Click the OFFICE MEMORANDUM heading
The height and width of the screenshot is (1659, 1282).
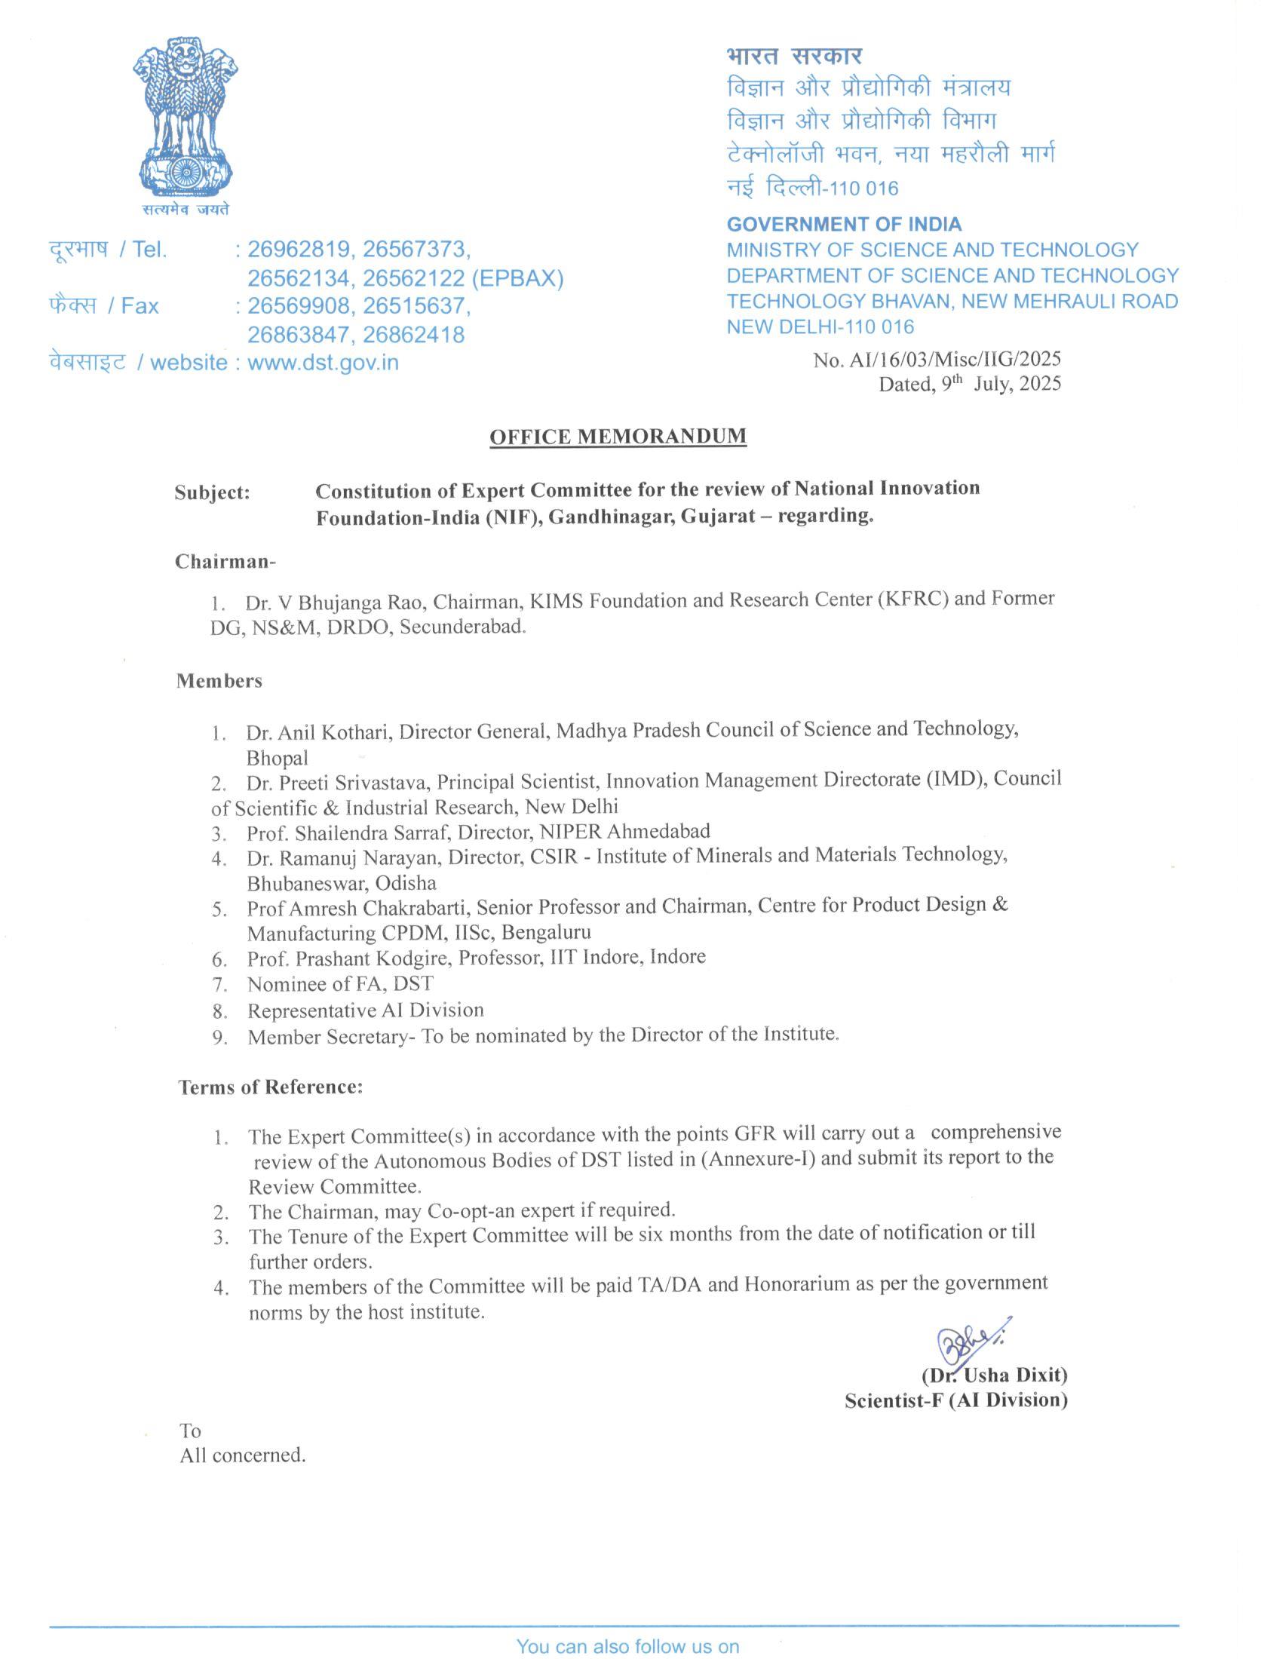point(618,436)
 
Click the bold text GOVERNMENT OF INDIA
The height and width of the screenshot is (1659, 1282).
point(844,224)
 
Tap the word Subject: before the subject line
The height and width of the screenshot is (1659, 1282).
point(212,492)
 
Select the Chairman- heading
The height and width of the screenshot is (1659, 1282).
point(225,561)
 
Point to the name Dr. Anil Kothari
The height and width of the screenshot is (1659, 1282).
point(318,732)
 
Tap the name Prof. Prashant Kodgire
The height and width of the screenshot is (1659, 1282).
point(348,958)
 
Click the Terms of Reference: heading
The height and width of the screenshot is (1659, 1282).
point(271,1087)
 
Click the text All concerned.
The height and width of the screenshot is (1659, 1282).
point(243,1455)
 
